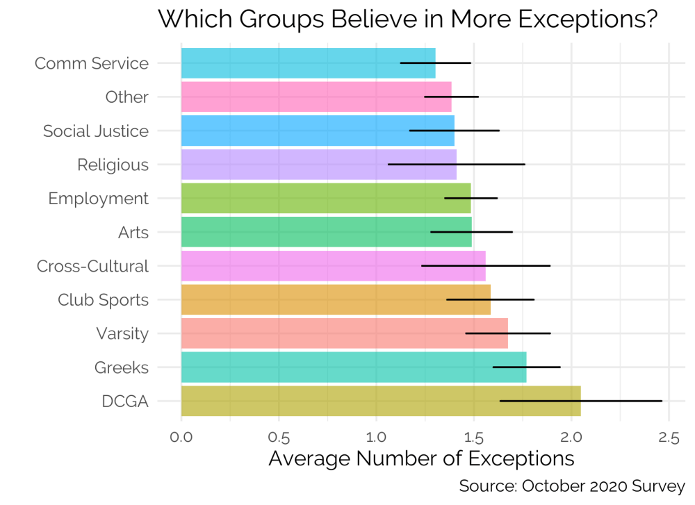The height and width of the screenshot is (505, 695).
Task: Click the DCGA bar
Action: tap(347, 401)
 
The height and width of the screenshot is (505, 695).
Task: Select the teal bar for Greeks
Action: tap(334, 367)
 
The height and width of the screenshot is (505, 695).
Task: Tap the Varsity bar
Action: tap(327, 333)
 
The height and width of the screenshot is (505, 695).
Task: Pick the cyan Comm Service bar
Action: tap(292, 63)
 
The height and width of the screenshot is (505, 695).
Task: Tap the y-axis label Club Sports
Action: tap(103, 300)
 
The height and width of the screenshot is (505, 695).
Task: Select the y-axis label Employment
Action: tap(98, 199)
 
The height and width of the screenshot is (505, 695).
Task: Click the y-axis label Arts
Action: tap(133, 233)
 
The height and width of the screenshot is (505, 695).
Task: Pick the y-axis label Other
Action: tap(126, 97)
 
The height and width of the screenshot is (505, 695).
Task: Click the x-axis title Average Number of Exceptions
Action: tap(421, 459)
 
